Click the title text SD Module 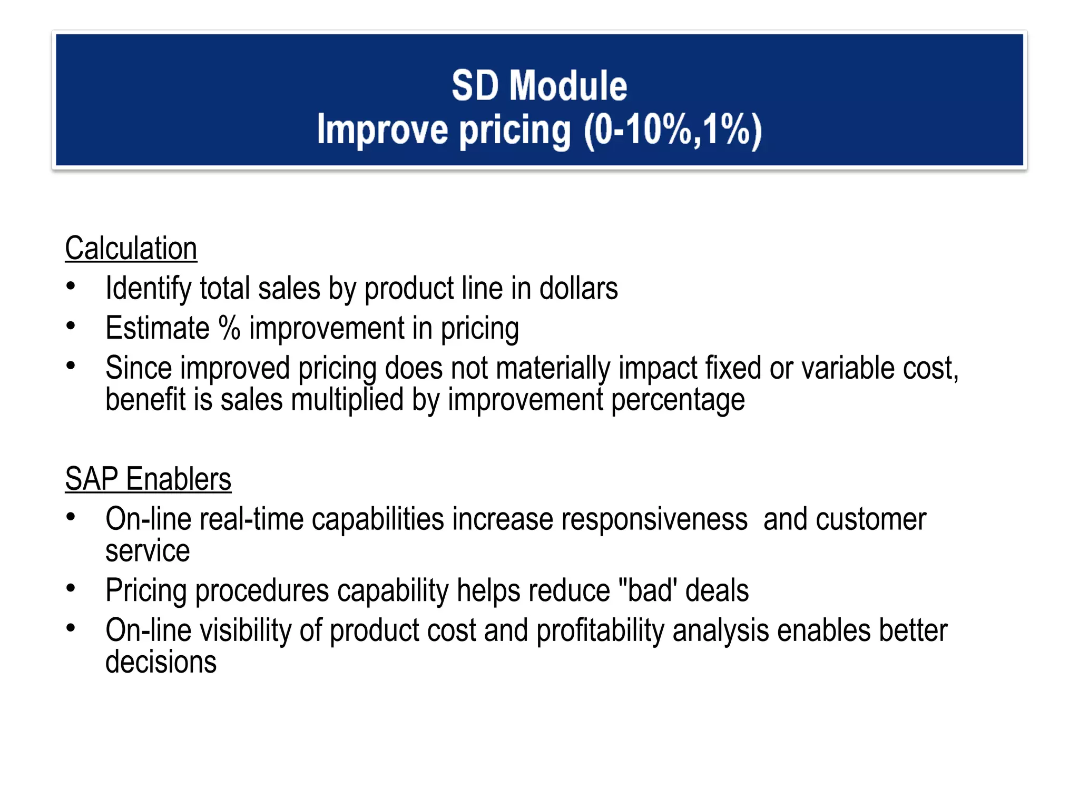[x=539, y=85]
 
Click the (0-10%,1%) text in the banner [x=672, y=130]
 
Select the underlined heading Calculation [x=131, y=249]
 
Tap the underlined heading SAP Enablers [x=148, y=479]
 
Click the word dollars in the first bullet [x=578, y=289]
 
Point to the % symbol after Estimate [x=229, y=328]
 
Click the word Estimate [x=158, y=328]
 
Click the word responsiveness [x=654, y=519]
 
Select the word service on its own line [x=148, y=551]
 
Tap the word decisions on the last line [x=161, y=663]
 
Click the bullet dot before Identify [x=71, y=287]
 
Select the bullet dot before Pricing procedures [x=71, y=588]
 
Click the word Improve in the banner [x=382, y=130]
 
